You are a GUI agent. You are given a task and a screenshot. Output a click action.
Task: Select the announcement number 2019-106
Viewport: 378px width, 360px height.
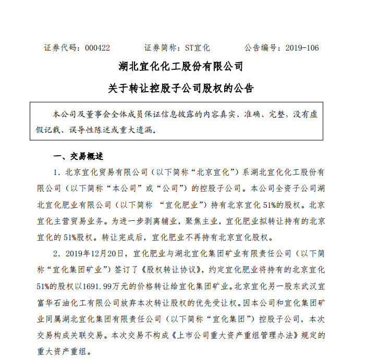pyautogui.click(x=302, y=48)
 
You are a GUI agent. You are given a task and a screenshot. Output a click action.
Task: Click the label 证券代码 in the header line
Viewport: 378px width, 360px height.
pyautogui.click(x=60, y=48)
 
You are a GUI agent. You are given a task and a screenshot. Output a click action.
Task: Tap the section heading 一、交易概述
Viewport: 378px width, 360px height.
pyautogui.click(x=79, y=157)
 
